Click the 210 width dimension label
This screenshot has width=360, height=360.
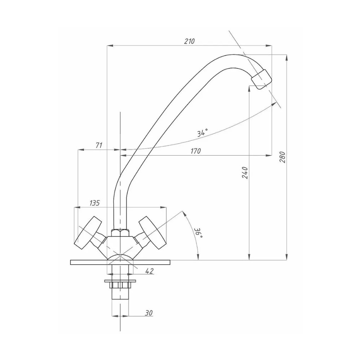(x=189, y=41)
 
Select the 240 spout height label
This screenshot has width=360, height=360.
(x=245, y=173)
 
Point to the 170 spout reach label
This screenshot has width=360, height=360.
(x=195, y=151)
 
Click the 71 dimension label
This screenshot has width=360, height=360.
(x=99, y=145)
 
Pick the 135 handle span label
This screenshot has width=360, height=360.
(x=95, y=203)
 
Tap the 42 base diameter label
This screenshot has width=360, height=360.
(x=149, y=271)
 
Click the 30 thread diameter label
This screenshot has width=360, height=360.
(x=149, y=313)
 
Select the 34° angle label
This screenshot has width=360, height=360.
(x=202, y=132)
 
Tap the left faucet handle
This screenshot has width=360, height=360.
(x=88, y=232)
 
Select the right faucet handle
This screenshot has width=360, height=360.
(x=152, y=232)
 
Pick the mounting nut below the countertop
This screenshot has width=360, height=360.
(x=120, y=285)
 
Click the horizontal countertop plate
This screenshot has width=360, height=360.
(x=120, y=262)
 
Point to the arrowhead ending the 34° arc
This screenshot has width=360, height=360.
(x=274, y=104)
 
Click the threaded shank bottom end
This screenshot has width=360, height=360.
(x=120, y=299)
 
